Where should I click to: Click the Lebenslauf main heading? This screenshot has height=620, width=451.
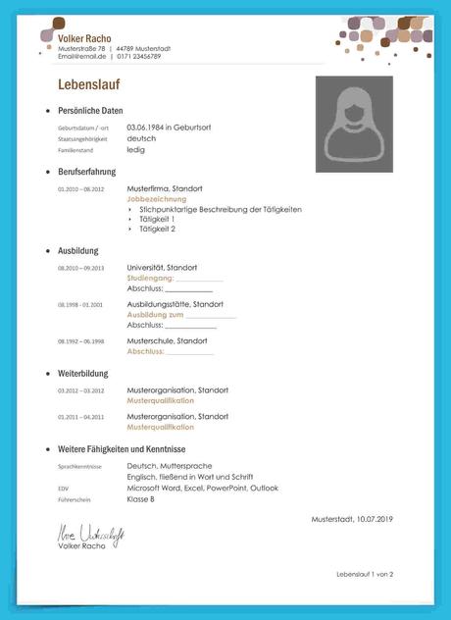pos(88,84)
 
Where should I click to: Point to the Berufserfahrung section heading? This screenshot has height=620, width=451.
pos(86,172)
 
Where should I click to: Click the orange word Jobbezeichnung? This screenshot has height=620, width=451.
pos(156,198)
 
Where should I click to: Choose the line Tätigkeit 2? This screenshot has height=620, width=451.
pos(158,229)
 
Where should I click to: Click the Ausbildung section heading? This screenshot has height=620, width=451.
pos(78,251)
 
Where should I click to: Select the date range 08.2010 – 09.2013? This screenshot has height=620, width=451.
pos(80,268)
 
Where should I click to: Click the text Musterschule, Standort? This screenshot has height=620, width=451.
pos(168,340)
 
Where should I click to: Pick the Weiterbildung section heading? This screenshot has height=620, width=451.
pos(83,374)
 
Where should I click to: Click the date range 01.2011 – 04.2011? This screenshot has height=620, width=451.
pos(80,417)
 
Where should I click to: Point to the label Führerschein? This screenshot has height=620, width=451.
pos(74,499)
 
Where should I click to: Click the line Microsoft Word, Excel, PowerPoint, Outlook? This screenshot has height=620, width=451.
pos(202,488)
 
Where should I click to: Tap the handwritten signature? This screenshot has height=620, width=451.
pos(88,536)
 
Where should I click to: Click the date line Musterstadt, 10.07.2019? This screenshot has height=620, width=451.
pos(351,518)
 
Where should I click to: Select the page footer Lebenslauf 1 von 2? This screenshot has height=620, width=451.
pos(364,574)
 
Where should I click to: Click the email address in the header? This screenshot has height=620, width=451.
pos(80,57)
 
